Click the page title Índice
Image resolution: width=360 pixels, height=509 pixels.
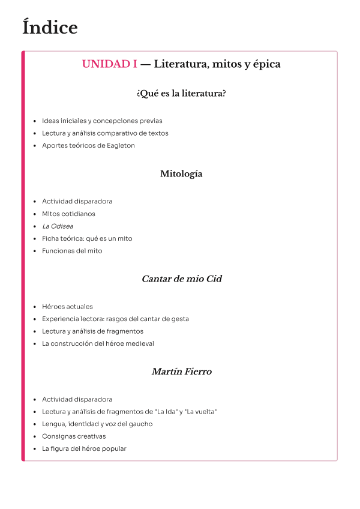click(50, 28)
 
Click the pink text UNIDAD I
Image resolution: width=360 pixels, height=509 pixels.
click(109, 64)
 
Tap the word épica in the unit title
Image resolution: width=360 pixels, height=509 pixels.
click(267, 64)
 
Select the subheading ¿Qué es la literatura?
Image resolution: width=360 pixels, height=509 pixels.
click(181, 94)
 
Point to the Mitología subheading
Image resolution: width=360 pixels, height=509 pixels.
click(181, 174)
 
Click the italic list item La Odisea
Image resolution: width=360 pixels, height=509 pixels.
click(58, 226)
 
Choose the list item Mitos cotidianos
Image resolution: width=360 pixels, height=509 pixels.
click(68, 214)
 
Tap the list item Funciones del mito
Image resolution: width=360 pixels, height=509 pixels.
click(72, 251)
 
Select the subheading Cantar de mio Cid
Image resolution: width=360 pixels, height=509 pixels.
click(181, 279)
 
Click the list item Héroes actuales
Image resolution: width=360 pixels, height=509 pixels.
click(67, 307)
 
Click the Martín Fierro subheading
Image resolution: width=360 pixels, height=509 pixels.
click(181, 372)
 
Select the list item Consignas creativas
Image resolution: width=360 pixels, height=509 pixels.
click(74, 436)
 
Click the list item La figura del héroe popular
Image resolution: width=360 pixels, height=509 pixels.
click(84, 449)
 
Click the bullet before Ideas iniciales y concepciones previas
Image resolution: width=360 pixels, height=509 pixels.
click(35, 121)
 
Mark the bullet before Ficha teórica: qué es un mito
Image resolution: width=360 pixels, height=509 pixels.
click(35, 239)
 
